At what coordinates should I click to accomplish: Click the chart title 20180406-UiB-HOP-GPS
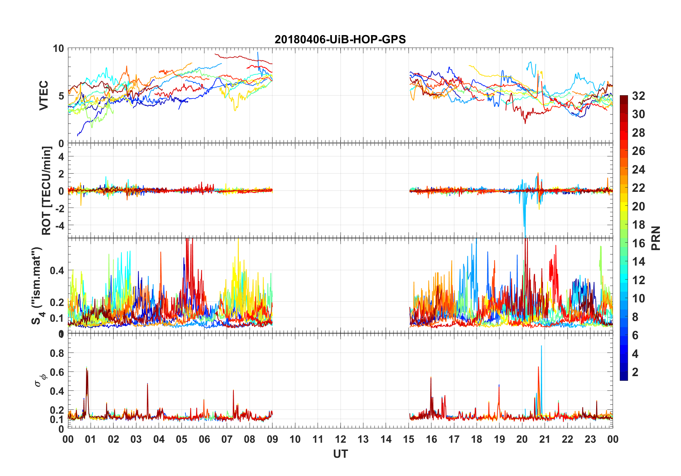pyautogui.click(x=340, y=39)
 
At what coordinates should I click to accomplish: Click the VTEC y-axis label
pyautogui.click(x=44, y=96)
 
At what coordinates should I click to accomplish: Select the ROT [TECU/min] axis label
pyautogui.click(x=47, y=190)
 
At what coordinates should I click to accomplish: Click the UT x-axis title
pyautogui.click(x=340, y=454)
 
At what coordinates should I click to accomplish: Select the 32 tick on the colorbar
pyautogui.click(x=638, y=96)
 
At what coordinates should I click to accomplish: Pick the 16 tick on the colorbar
pyautogui.click(x=638, y=243)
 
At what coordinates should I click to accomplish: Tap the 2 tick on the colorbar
pyautogui.click(x=635, y=372)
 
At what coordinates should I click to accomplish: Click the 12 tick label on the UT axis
pyautogui.click(x=340, y=439)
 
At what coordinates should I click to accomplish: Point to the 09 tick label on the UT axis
pyautogui.click(x=272, y=439)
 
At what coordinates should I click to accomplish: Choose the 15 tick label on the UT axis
pyautogui.click(x=409, y=439)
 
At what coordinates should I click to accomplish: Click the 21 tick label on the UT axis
pyautogui.click(x=545, y=439)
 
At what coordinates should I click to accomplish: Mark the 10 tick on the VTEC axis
pyautogui.click(x=58, y=48)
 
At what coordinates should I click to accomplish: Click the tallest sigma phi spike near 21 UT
pyautogui.click(x=541, y=346)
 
